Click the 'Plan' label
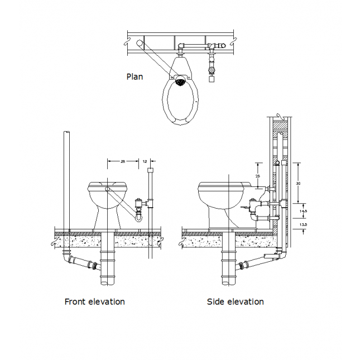click(135, 76)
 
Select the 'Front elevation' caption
click(94, 301)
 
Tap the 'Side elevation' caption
click(235, 301)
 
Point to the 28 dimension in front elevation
click(123, 161)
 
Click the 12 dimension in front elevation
click(146, 161)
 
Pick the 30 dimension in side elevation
click(298, 183)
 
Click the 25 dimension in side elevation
click(257, 176)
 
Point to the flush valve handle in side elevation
click(246, 208)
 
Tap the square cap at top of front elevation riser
click(149, 169)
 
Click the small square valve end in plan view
click(212, 79)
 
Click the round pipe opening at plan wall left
click(138, 43)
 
